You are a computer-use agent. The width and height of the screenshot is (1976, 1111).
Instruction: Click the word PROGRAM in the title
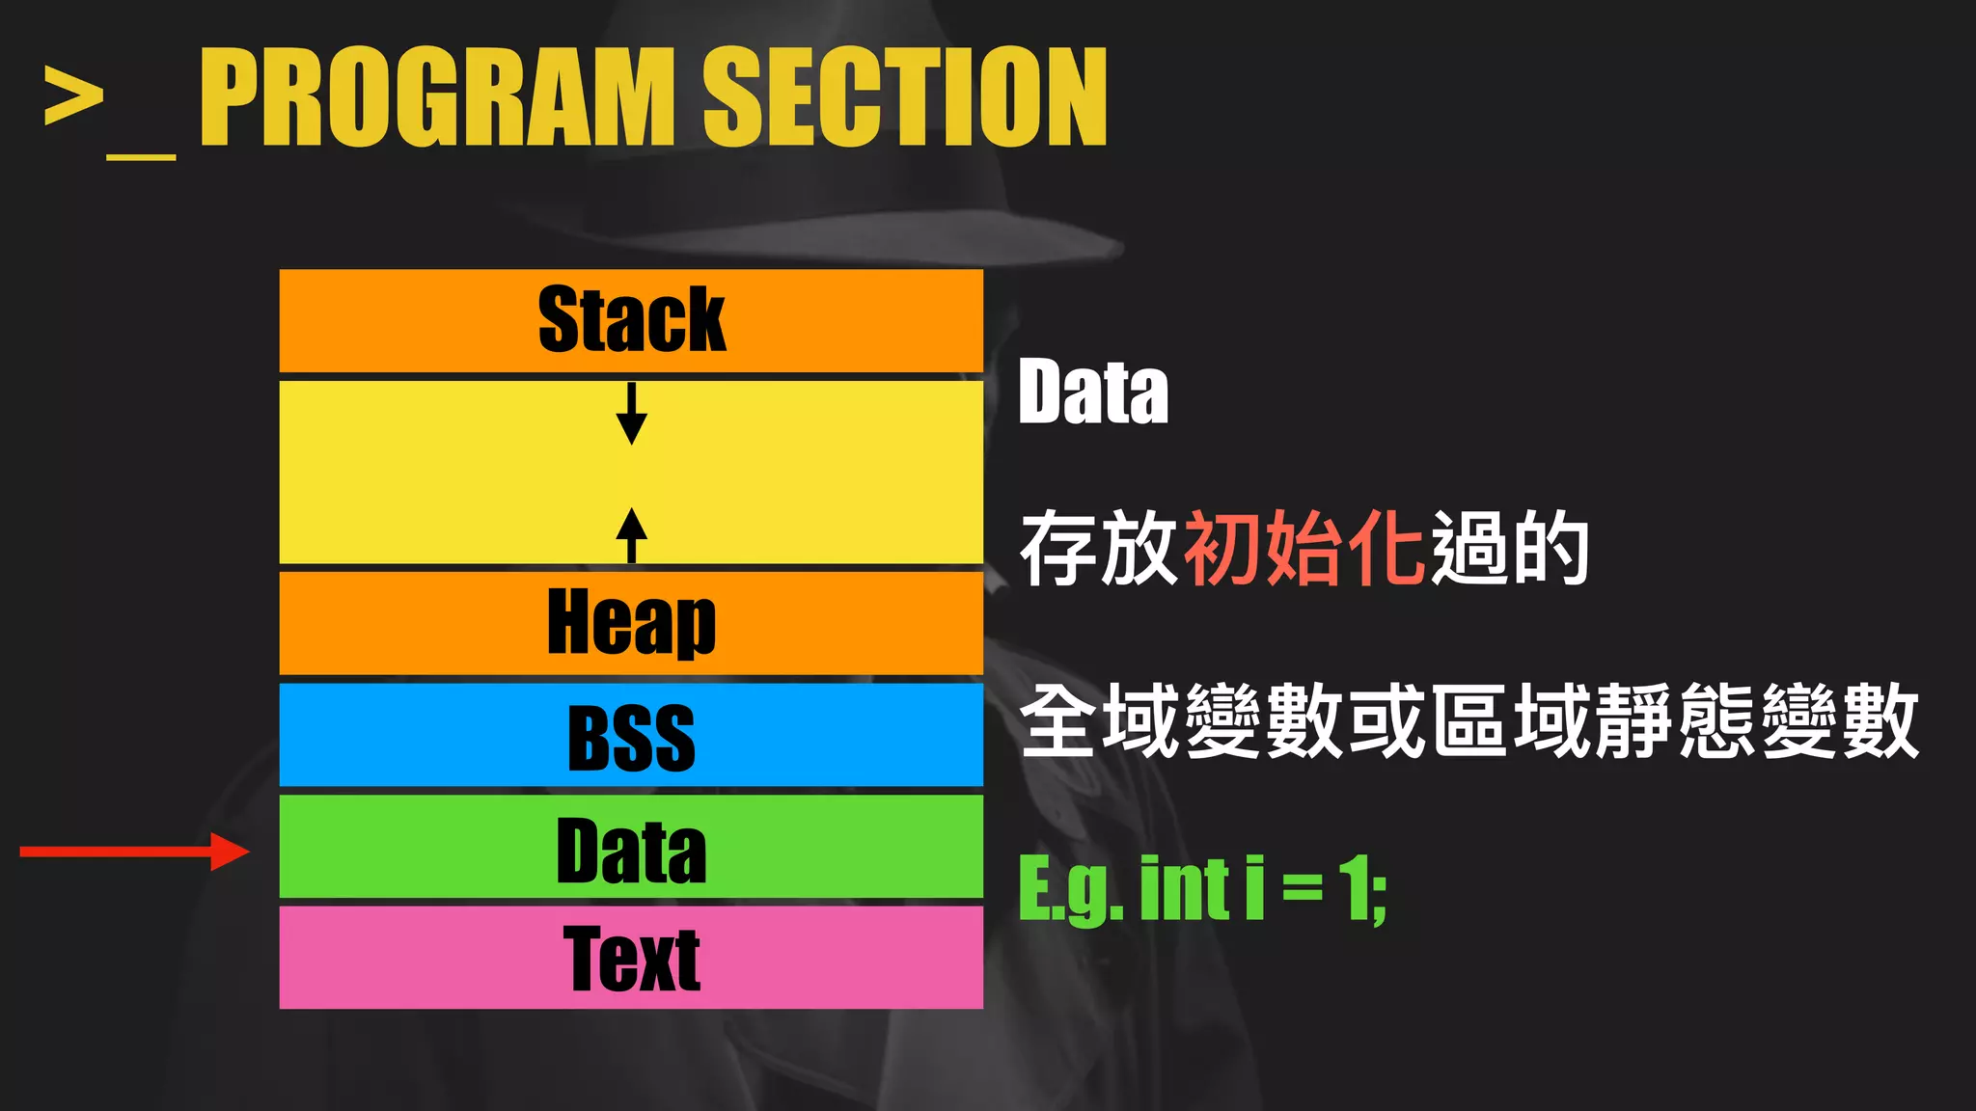pos(437,97)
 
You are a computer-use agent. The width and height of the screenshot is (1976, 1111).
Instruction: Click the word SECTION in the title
pos(904,97)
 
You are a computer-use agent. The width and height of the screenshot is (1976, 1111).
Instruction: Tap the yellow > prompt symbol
pos(73,96)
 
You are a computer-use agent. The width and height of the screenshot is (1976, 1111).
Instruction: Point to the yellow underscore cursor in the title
pos(141,153)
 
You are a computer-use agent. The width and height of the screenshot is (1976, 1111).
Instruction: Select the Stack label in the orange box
pos(631,320)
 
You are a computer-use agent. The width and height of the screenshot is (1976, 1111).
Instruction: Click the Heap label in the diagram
pos(631,623)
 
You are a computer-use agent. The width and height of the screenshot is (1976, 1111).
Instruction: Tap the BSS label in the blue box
pos(631,738)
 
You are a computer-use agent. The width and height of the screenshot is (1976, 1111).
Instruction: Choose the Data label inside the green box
pos(631,851)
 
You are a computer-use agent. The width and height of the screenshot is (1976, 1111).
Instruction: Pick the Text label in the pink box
pos(631,959)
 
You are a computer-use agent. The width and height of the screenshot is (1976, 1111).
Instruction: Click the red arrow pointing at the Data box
pos(135,852)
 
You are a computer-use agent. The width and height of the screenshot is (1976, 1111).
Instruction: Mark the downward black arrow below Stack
pos(631,414)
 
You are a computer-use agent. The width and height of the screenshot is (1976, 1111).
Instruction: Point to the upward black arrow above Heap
pos(631,534)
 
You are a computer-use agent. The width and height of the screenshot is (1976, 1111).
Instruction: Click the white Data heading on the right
pos(1093,392)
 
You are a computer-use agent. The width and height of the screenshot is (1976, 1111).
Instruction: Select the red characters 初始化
pos(1304,548)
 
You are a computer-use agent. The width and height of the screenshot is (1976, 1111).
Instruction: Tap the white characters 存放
pos(1099,548)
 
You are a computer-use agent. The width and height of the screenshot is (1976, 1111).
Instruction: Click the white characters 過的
pos(1510,548)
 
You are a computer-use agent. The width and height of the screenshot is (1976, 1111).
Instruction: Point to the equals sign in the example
pos(1303,889)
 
